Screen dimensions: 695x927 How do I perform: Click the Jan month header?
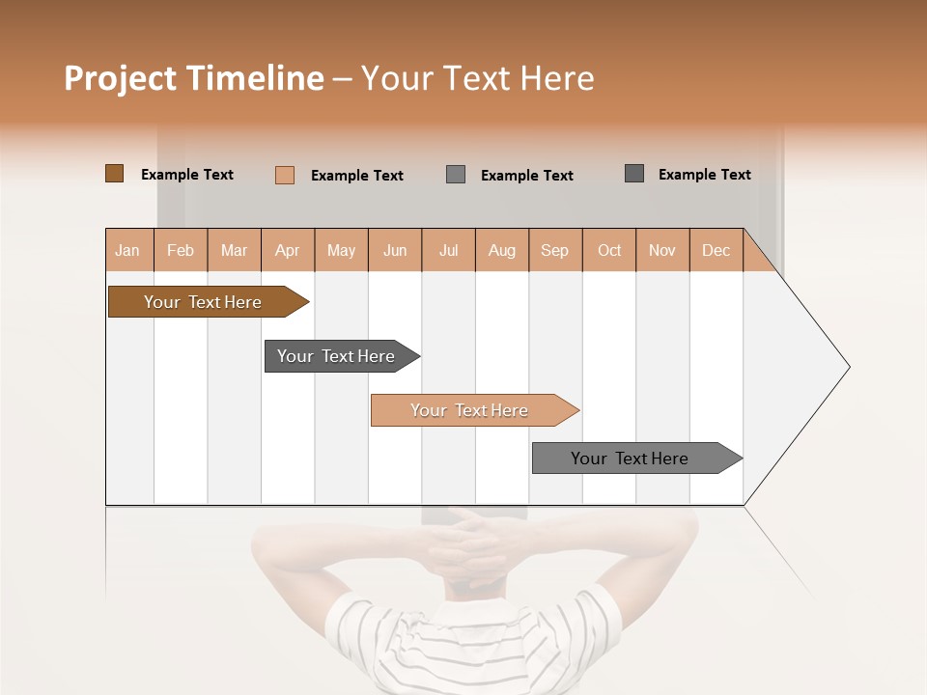point(128,250)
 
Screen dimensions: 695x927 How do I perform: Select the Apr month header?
point(288,250)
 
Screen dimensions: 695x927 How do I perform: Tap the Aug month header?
point(502,250)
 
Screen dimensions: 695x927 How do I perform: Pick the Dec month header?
point(716,250)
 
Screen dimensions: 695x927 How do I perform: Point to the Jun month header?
point(395,250)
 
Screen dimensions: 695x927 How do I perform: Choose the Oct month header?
point(609,250)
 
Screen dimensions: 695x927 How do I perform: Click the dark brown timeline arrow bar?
point(203,302)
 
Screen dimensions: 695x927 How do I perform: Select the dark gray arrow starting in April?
point(337,356)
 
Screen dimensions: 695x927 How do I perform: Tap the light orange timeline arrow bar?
point(469,410)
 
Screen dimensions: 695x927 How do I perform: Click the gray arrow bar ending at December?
point(630,459)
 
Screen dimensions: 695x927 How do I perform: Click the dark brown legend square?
point(114,174)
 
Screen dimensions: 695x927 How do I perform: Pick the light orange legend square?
point(284,175)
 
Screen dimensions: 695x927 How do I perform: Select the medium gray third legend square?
point(456,175)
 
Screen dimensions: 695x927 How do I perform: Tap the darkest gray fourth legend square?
point(633,174)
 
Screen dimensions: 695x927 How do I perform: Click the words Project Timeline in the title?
point(193,78)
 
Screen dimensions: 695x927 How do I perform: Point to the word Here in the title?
point(557,78)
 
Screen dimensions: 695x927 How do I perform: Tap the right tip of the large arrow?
point(847,367)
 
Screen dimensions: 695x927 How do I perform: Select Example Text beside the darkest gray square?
point(704,175)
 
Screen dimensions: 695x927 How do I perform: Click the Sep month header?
point(555,250)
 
